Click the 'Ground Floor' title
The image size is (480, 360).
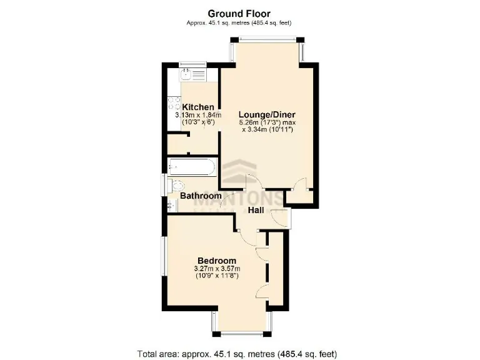point(239,13)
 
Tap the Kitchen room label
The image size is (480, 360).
point(198,107)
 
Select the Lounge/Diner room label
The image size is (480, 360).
point(267,114)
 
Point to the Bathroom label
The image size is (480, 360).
point(201,196)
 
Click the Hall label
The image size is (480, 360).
point(256,211)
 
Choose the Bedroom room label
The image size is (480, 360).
point(217,261)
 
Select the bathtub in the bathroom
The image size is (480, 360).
point(191,167)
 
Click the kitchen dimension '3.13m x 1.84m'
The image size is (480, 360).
point(198,115)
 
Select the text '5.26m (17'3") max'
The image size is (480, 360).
point(267,122)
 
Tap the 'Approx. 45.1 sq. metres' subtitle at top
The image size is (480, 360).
point(239,23)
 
